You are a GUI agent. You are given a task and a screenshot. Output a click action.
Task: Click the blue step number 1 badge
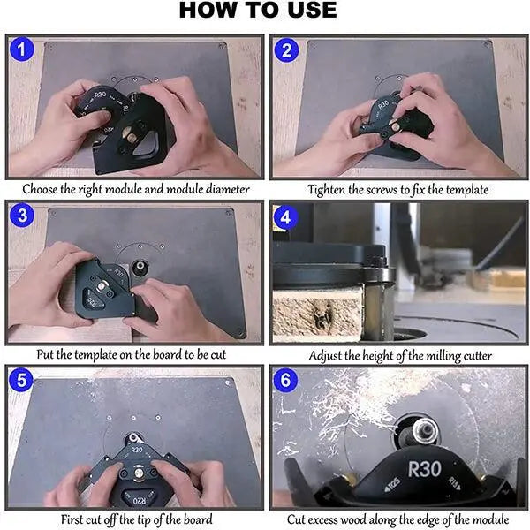(22, 49)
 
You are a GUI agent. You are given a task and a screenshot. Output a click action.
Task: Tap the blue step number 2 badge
(286, 50)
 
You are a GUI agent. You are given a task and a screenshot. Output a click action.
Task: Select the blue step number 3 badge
(22, 216)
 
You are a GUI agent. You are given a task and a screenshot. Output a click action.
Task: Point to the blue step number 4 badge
(285, 217)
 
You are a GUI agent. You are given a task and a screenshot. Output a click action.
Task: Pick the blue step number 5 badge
(21, 380)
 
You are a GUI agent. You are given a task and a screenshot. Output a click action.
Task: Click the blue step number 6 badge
(285, 380)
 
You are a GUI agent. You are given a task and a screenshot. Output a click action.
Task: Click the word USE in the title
(312, 10)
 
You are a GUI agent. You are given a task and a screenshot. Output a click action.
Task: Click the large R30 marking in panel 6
(424, 469)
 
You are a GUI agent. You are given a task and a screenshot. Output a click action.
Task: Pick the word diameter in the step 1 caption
(228, 189)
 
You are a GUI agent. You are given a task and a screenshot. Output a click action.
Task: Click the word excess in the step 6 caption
(322, 519)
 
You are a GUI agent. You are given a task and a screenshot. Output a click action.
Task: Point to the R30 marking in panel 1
(100, 95)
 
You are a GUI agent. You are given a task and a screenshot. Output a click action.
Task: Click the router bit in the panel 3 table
(140, 268)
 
